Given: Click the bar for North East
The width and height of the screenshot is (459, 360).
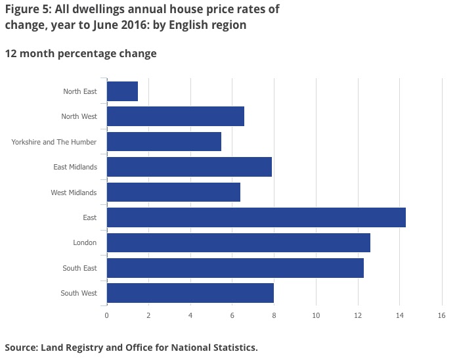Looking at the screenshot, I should click(x=122, y=91).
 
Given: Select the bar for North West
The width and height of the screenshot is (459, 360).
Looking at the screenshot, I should click(x=175, y=116).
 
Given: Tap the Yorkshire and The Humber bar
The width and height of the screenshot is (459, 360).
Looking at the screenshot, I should click(x=164, y=142).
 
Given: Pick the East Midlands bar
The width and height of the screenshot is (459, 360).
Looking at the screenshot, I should click(x=189, y=167).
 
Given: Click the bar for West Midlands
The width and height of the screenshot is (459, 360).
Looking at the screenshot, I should click(x=173, y=192).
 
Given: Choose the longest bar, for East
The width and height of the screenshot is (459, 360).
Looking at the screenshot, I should click(x=256, y=217).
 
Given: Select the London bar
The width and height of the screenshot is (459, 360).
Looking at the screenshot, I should click(x=238, y=242).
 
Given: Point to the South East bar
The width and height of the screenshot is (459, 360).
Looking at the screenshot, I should click(x=235, y=268).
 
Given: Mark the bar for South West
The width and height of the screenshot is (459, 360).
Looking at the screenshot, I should click(x=190, y=293).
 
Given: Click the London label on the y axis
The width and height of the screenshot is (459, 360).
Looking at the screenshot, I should click(x=85, y=243).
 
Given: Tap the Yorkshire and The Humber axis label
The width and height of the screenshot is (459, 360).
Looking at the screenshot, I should click(x=54, y=142).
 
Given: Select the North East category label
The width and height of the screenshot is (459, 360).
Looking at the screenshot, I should click(x=80, y=91).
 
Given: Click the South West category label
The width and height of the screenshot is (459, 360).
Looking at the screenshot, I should click(x=79, y=293).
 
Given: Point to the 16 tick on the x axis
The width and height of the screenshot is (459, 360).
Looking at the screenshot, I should click(x=441, y=315).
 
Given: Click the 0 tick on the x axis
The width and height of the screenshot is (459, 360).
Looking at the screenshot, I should click(x=106, y=315).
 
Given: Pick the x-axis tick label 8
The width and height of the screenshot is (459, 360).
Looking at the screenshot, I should click(x=274, y=315).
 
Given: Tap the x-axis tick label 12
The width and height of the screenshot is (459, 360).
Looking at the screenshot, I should click(x=358, y=315).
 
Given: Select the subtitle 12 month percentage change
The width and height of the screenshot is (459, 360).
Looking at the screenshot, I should click(x=81, y=53).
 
